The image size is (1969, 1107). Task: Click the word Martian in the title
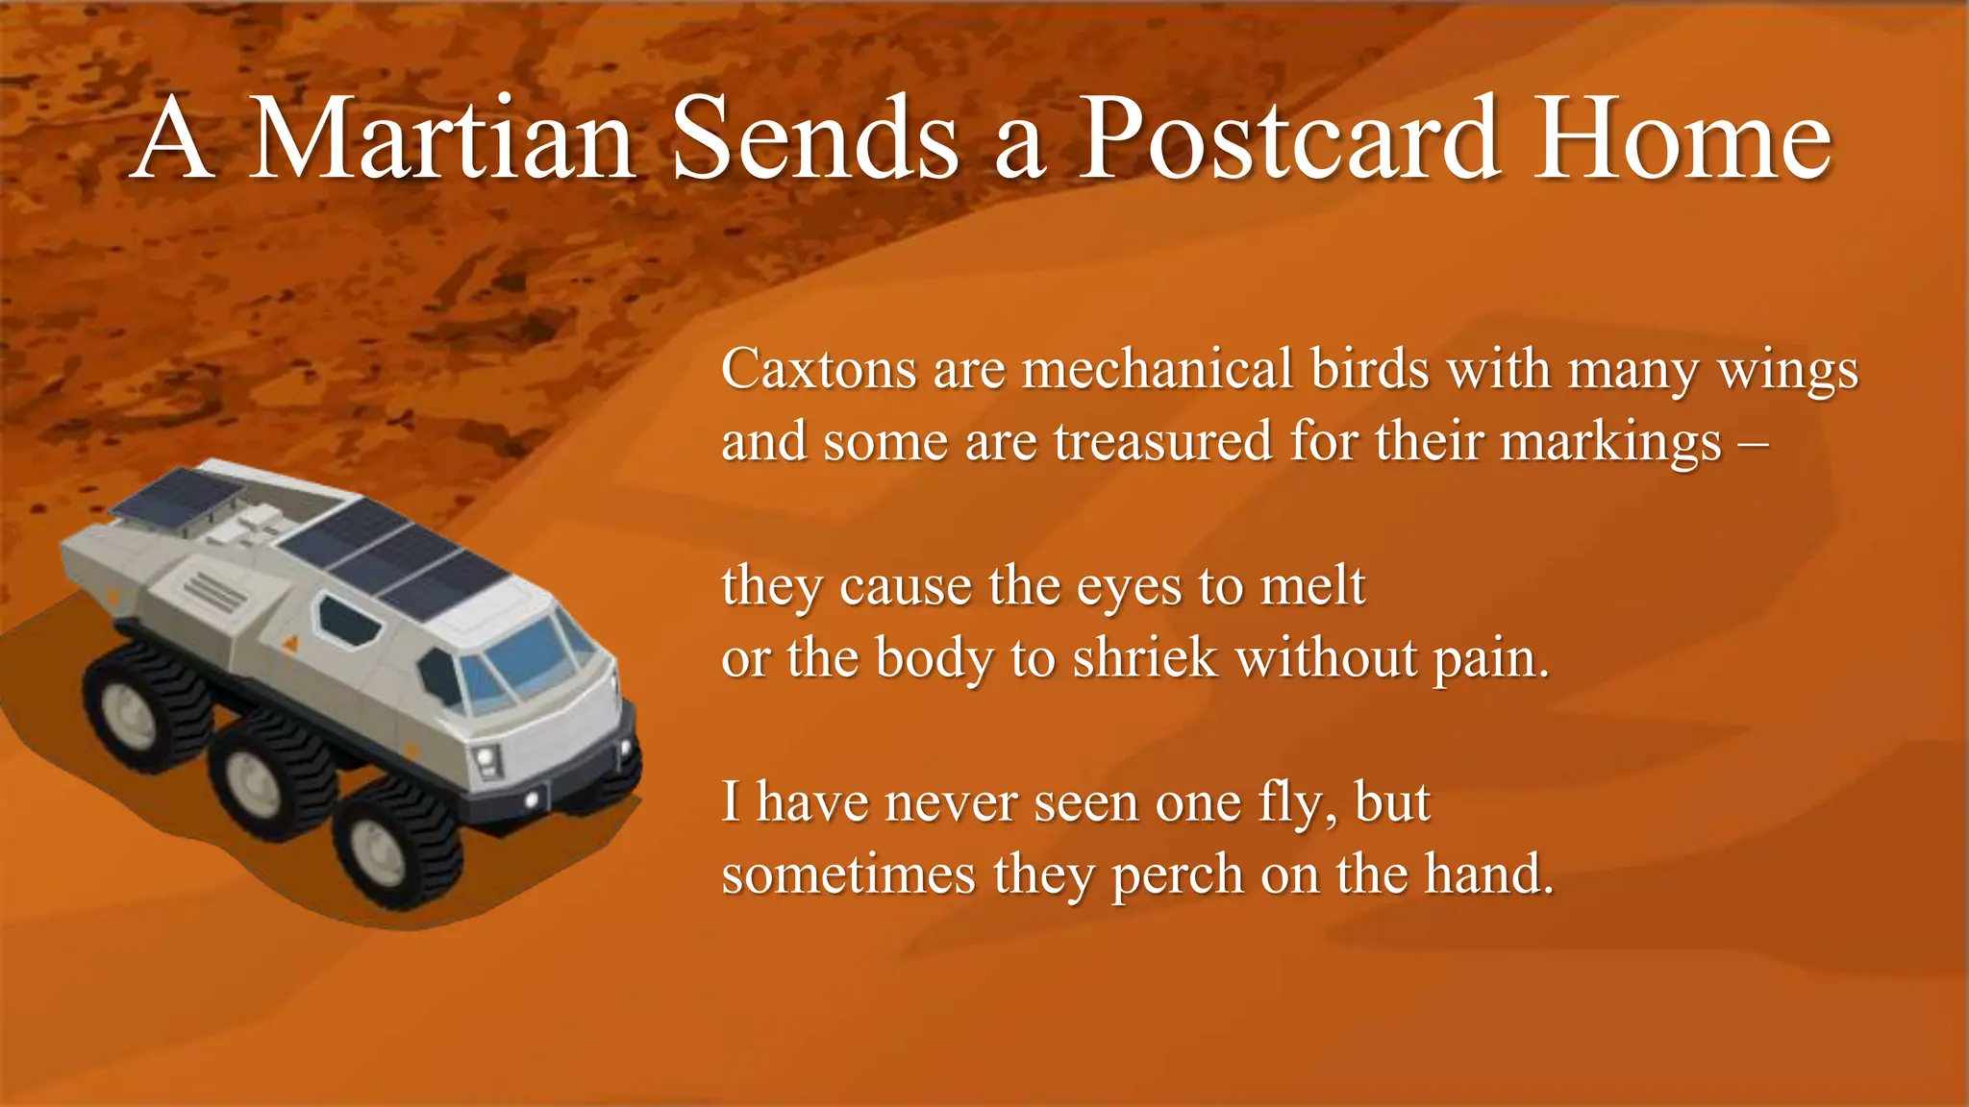coord(442,139)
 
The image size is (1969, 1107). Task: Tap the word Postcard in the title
coord(1288,139)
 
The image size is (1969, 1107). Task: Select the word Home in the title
coord(1682,139)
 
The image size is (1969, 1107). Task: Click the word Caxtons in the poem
coord(818,369)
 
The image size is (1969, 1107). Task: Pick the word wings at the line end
coord(1787,371)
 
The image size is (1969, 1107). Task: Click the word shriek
coord(1144,659)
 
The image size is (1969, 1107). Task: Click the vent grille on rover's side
coord(215,592)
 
